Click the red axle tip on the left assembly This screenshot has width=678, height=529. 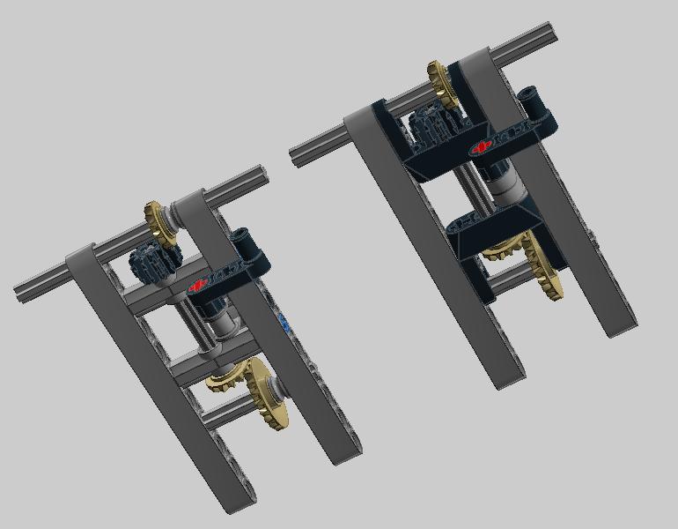tap(198, 284)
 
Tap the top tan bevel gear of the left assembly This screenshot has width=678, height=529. tap(160, 222)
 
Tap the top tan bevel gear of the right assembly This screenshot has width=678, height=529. tap(443, 84)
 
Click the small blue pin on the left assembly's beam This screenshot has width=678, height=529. tap(284, 322)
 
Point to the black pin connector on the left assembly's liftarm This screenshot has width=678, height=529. tap(242, 244)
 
